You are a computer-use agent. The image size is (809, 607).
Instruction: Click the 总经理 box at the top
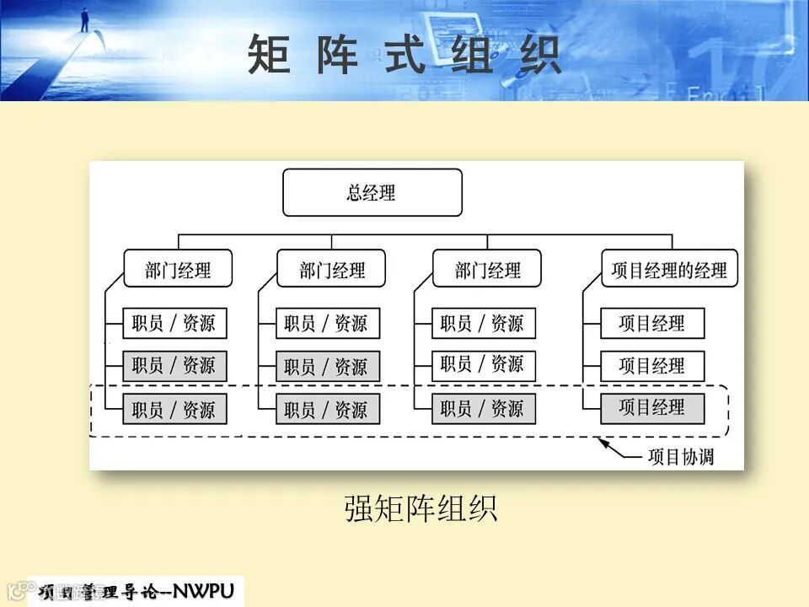372,193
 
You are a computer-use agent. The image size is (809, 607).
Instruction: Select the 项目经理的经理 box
669,269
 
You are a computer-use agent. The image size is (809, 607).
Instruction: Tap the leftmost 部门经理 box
178,269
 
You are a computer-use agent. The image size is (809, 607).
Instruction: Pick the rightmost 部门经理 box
487,269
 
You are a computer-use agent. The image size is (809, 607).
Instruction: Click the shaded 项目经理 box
652,408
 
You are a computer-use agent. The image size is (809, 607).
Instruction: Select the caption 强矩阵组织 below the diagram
421,508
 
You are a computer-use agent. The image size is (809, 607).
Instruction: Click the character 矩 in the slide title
270,55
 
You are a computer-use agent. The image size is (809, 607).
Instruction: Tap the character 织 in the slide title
539,55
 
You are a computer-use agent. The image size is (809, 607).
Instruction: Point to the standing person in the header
84,19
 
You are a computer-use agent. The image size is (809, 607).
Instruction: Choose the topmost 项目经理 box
652,324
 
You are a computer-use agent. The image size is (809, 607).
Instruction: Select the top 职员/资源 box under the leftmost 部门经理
174,324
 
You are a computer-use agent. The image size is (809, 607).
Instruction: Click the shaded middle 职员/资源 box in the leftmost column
174,366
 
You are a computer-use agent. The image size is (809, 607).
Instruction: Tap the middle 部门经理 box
332,269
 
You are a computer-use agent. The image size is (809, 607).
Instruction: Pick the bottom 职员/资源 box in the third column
483,409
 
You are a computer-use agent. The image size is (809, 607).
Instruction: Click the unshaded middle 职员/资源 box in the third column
483,365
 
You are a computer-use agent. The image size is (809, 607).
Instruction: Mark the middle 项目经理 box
652,366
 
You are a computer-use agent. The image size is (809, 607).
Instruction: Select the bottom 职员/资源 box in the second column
327,410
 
